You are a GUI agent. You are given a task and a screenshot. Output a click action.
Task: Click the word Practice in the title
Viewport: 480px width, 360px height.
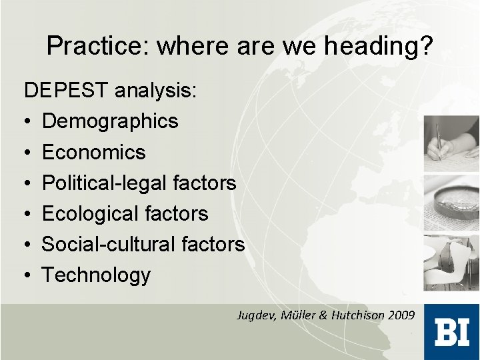(97, 46)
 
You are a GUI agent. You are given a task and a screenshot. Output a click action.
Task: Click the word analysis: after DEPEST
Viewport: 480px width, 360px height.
(156, 91)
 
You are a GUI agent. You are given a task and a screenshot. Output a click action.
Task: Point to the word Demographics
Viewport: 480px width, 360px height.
(110, 121)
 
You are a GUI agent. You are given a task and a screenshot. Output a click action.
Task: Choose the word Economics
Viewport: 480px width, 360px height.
(93, 152)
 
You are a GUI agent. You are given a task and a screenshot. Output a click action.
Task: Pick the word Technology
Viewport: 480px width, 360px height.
(96, 275)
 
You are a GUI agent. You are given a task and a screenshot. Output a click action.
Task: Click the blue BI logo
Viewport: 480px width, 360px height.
(451, 331)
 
